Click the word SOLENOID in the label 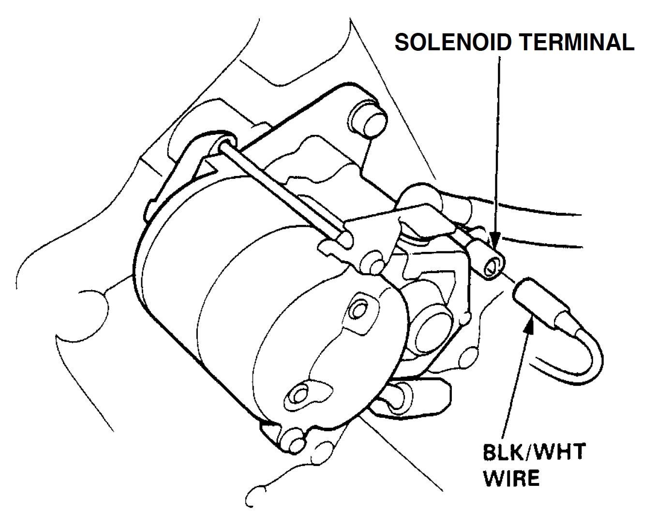point(453,43)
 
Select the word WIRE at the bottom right point(511,479)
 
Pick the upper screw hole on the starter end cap point(359,308)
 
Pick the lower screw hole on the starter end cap point(298,393)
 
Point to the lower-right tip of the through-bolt point(345,240)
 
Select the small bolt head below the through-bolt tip point(374,263)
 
